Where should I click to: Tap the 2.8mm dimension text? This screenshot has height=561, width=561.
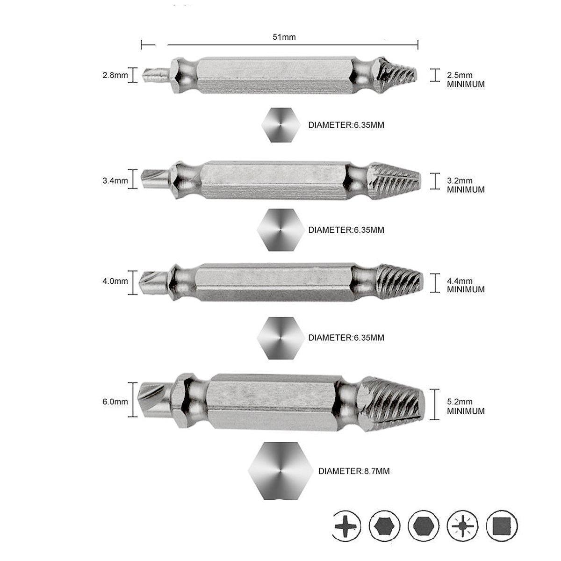click(115, 75)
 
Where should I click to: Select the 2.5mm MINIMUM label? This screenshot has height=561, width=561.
click(465, 79)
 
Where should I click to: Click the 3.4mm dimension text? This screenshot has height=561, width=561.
click(115, 180)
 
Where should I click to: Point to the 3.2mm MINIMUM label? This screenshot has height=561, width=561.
click(465, 185)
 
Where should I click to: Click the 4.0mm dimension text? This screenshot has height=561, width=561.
click(115, 281)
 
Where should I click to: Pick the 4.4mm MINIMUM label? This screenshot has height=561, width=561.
click(465, 285)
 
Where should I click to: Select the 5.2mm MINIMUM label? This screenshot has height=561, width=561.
click(465, 406)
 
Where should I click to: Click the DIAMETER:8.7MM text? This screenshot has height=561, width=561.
click(354, 471)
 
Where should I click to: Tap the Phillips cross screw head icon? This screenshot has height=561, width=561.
click(347, 525)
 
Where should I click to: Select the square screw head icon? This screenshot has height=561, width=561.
click(502, 525)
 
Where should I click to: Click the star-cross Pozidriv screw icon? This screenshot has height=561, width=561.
click(463, 525)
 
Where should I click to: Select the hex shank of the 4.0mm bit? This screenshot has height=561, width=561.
click(273, 281)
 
